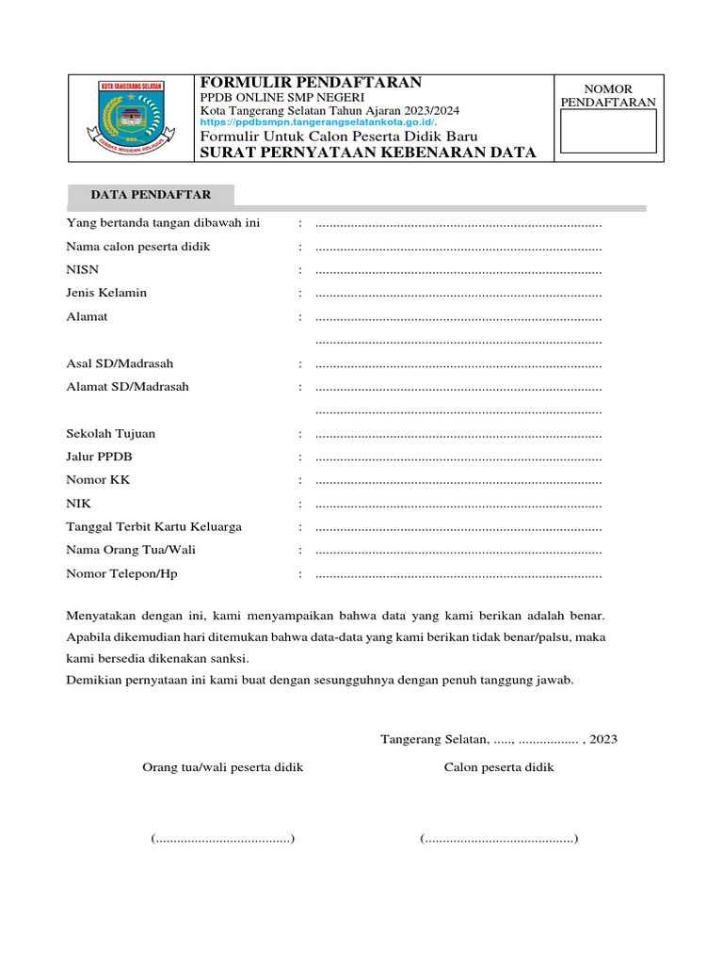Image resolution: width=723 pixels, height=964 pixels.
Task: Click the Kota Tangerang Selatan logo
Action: [131, 118]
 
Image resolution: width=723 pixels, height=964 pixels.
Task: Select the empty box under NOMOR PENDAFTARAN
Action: [608, 131]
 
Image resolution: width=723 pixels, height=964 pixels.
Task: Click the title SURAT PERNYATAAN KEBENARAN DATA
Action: [368, 153]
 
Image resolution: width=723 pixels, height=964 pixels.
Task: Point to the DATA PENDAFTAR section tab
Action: [151, 195]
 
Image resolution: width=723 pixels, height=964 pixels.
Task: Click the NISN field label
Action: [83, 269]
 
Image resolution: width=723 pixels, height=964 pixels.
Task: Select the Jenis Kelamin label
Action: [106, 293]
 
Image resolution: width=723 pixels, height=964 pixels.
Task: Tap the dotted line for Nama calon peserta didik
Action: [458, 248]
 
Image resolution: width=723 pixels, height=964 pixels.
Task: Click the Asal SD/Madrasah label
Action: [120, 363]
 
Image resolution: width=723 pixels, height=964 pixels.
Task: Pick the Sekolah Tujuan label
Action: [111, 433]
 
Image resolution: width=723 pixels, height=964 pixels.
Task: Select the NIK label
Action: [79, 504]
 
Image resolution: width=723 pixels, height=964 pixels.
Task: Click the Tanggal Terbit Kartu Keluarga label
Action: [153, 526]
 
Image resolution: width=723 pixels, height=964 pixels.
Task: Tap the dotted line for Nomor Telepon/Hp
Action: [458, 574]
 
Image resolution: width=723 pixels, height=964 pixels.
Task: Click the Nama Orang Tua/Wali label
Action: [131, 550]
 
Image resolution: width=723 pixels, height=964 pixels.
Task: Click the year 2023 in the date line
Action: [603, 739]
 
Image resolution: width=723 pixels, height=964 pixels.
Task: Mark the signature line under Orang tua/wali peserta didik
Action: [223, 838]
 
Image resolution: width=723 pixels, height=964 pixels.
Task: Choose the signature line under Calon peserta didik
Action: [499, 838]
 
